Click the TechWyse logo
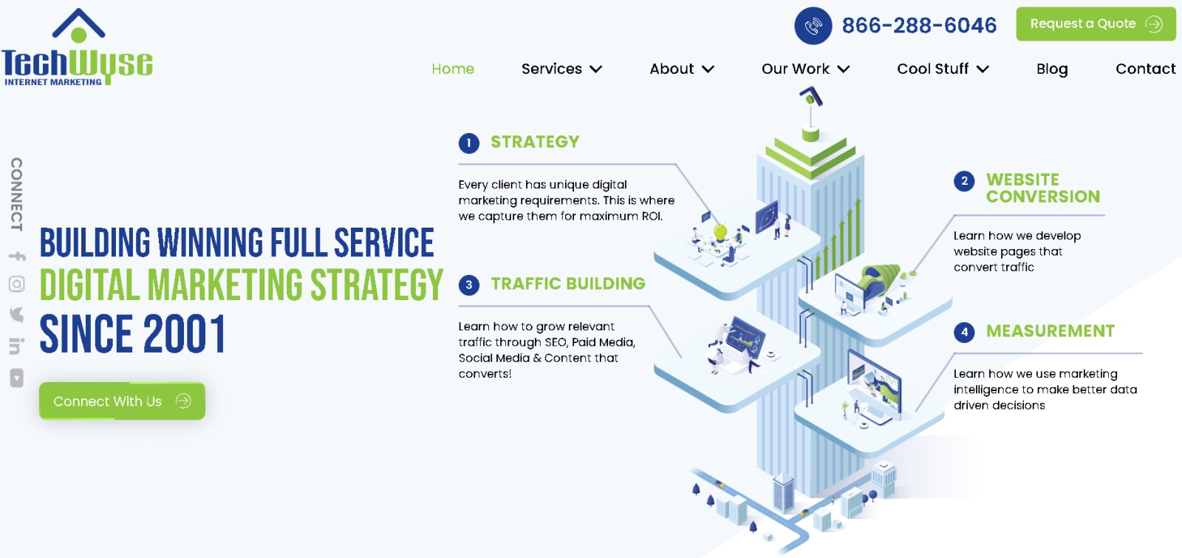[77, 47]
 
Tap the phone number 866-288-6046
[919, 25]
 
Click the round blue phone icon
[813, 25]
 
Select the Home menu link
[453, 69]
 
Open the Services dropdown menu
[561, 69]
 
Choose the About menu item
[682, 69]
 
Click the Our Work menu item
[805, 69]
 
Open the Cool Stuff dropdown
[943, 69]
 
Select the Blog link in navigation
[1052, 69]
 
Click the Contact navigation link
[1146, 69]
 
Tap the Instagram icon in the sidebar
[17, 284]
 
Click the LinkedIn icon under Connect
[16, 346]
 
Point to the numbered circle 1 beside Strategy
[468, 143]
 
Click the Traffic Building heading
[568, 284]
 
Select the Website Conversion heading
[1043, 188]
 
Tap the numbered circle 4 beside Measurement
[964, 332]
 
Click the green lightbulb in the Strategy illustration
[720, 232]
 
